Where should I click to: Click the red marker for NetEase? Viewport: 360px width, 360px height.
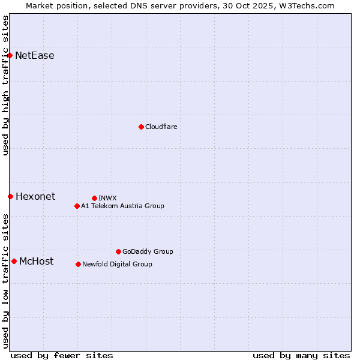10,56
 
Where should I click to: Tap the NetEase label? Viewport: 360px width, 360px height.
35,56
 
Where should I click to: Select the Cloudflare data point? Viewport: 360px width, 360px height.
141,127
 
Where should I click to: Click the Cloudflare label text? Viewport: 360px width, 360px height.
161,127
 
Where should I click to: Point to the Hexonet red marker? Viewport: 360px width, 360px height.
10,196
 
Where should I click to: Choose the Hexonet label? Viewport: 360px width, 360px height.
35,197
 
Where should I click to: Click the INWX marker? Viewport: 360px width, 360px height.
94,198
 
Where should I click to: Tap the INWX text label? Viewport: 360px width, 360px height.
107,198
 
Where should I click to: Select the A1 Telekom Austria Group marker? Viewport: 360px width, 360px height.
77,206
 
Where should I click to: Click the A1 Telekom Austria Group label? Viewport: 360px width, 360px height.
122,206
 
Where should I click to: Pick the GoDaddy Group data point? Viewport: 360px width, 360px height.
118,251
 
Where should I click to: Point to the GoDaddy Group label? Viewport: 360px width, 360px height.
148,251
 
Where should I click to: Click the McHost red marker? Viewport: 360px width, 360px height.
14,261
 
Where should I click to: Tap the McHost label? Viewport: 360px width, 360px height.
37,261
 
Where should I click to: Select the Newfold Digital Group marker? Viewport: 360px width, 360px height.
78,264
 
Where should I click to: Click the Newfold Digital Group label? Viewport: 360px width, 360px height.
117,264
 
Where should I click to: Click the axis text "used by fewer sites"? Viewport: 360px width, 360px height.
62,355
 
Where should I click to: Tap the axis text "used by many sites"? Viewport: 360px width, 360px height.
301,355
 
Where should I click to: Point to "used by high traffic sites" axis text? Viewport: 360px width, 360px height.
5,85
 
